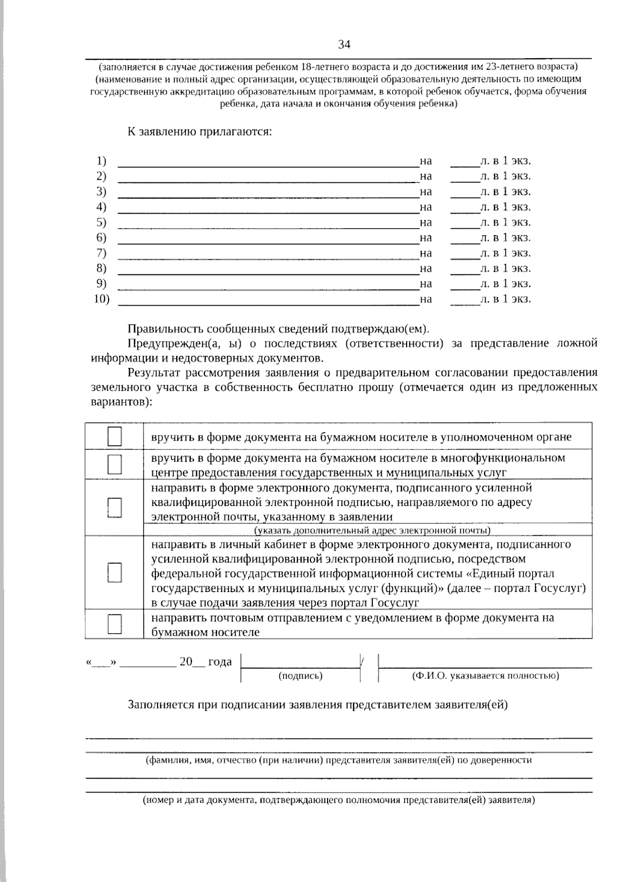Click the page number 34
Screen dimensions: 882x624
coord(344,45)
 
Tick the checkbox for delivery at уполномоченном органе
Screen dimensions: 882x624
coord(115,437)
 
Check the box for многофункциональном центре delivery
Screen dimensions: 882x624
coord(115,464)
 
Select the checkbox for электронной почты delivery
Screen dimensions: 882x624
coord(115,507)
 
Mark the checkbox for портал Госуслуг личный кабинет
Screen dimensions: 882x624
coord(115,573)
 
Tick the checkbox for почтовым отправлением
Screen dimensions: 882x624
coord(115,624)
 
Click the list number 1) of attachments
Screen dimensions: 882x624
coord(101,161)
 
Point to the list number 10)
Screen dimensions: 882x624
coord(101,299)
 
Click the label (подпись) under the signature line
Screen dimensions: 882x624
coord(301,676)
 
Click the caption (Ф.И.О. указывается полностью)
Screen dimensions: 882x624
coord(485,676)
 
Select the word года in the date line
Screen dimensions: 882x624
coord(220,662)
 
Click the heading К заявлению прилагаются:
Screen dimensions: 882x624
coord(200,131)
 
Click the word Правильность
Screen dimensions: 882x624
coord(166,329)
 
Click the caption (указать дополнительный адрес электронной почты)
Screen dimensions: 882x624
coord(372,530)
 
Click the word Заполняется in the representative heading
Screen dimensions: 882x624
coord(158,705)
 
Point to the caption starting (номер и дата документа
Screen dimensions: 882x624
coord(339,800)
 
